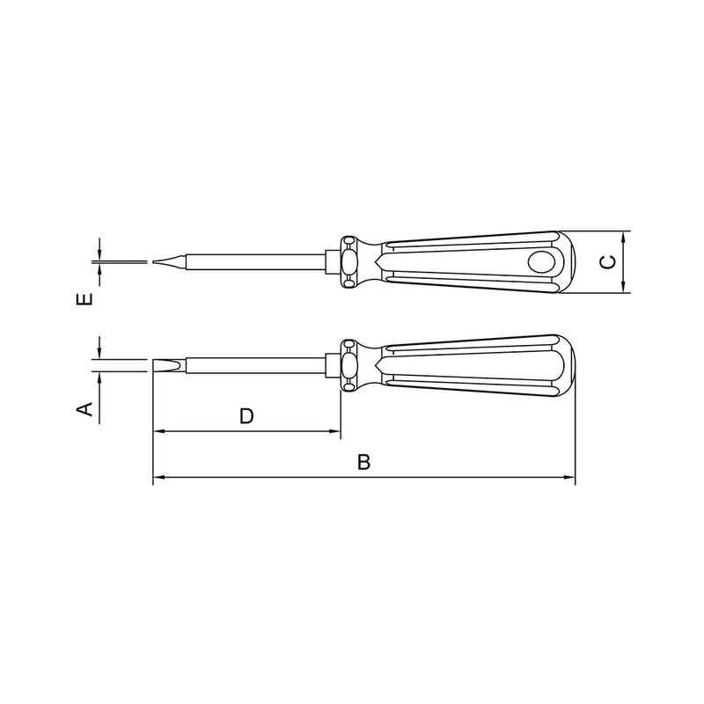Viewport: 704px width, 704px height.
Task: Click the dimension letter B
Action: click(x=363, y=462)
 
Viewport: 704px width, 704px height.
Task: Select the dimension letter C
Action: click(x=607, y=262)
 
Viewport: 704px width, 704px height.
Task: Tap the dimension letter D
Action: click(x=246, y=415)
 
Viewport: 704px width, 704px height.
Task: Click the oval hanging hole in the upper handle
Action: click(x=541, y=261)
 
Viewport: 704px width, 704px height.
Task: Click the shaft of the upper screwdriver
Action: click(x=255, y=261)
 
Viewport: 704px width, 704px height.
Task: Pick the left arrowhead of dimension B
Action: click(x=158, y=479)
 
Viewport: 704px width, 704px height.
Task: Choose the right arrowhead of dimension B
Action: click(x=569, y=479)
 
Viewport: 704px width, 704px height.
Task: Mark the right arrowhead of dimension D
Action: click(x=334, y=432)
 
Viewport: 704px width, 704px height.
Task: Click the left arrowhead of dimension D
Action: click(x=158, y=432)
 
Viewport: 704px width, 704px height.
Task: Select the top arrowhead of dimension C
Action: click(x=623, y=237)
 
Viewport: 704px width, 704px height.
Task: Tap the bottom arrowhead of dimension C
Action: click(x=623, y=287)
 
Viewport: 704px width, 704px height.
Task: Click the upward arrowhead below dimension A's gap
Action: click(x=100, y=376)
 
